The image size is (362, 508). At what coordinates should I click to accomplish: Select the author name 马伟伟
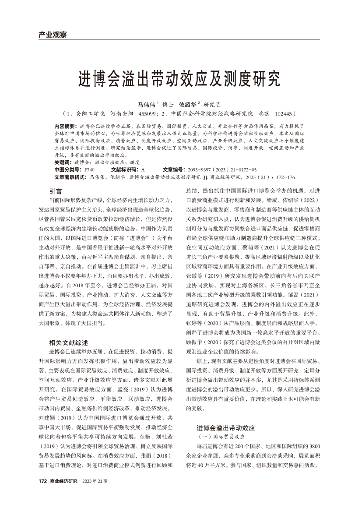click(x=147, y=105)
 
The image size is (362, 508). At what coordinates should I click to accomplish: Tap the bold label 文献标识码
click(x=125, y=169)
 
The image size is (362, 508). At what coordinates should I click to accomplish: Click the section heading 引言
click(x=56, y=191)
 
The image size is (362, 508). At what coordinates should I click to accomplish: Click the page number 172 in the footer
click(x=42, y=481)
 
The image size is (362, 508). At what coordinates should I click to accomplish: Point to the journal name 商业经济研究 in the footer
click(x=63, y=481)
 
